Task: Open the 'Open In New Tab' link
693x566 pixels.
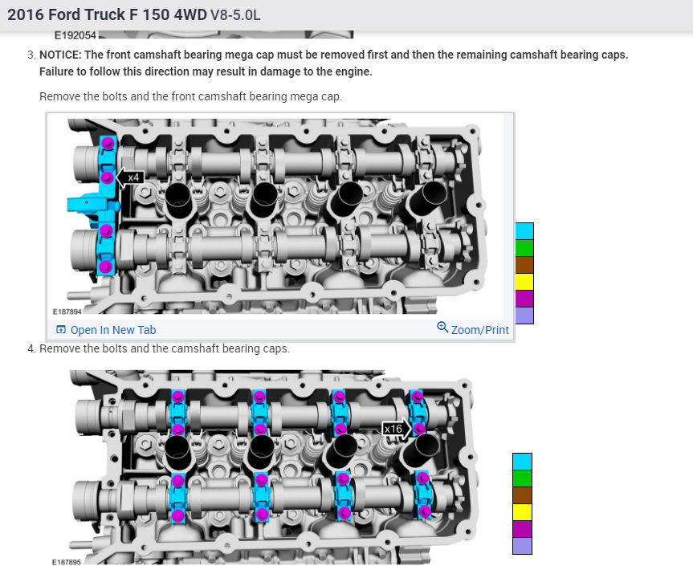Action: [x=106, y=330]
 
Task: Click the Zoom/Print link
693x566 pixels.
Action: [x=473, y=329]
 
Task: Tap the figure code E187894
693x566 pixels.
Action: [x=67, y=312]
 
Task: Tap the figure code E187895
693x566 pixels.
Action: [x=67, y=562]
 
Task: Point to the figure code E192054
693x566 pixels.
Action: [x=75, y=35]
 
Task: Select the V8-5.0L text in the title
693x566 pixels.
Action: [x=235, y=15]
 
